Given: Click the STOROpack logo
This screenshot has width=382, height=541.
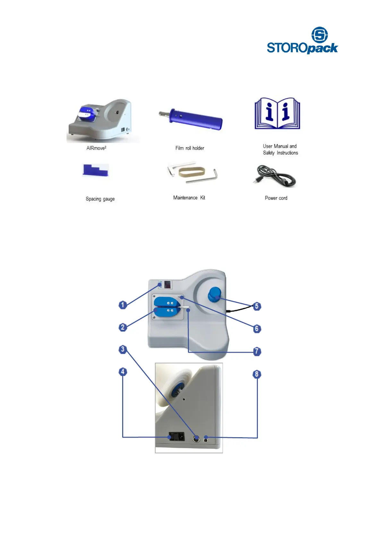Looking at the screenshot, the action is click(302, 40).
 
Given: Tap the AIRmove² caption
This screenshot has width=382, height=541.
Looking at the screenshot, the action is click(96, 148).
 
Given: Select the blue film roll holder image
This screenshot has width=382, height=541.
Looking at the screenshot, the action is click(192, 119).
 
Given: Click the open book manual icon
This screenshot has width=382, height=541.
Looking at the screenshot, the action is click(277, 114).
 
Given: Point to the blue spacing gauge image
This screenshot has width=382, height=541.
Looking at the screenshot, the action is click(95, 170).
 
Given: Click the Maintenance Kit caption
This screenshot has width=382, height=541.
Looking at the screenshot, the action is click(189, 198).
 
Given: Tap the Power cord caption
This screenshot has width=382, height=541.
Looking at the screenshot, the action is click(276, 198).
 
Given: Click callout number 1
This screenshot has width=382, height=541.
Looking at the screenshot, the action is click(123, 305).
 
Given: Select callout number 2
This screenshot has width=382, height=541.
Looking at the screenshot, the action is click(123, 327).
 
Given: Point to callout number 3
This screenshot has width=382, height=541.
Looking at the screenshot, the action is click(123, 349).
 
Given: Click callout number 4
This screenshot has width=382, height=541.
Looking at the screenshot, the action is click(123, 372).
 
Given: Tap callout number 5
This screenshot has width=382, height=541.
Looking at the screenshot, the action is click(257, 306).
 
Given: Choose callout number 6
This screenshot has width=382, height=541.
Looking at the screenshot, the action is click(257, 329).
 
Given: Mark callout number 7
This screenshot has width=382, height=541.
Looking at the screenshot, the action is click(257, 351).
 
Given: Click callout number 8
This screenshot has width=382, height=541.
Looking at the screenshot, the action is click(257, 374).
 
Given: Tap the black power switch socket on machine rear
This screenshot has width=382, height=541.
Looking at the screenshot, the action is click(177, 437).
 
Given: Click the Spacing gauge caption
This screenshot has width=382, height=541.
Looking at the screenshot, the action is click(100, 199).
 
